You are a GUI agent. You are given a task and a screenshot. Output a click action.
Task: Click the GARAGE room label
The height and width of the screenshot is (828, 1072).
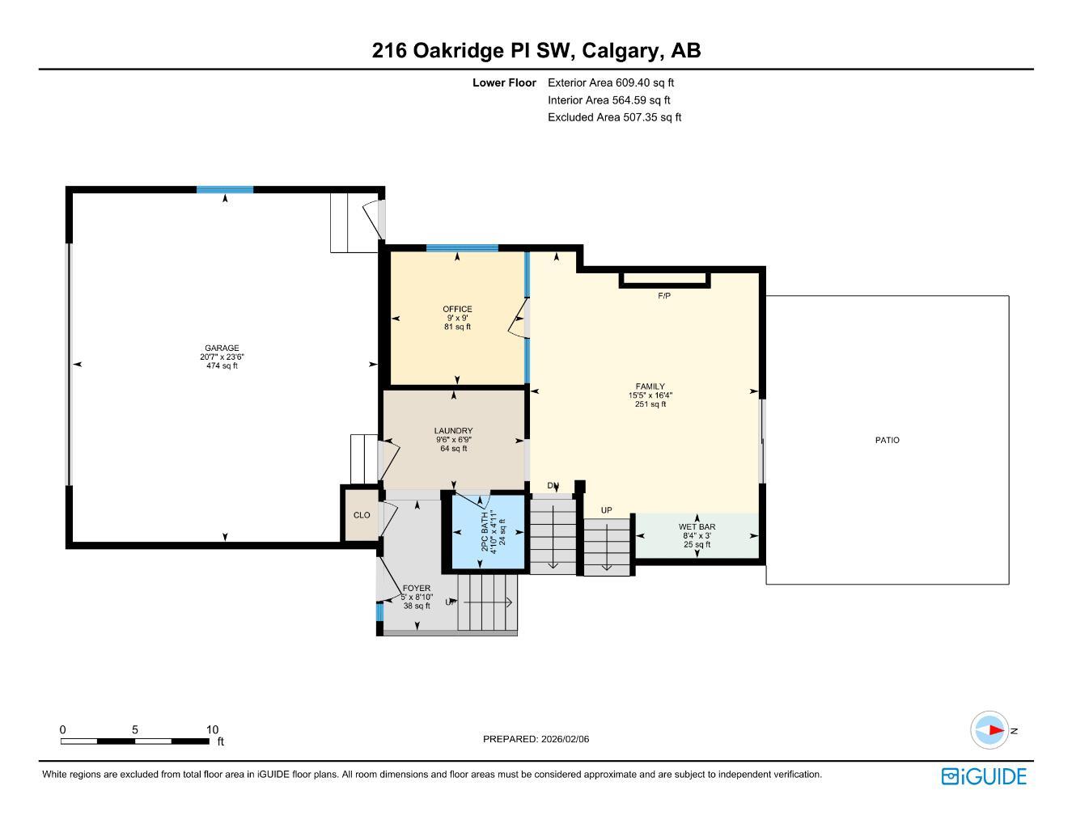click(x=221, y=349)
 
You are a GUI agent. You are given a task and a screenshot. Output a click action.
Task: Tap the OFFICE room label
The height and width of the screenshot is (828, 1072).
click(x=457, y=309)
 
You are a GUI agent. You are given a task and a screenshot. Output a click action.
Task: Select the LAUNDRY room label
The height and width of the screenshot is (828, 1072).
click(x=453, y=431)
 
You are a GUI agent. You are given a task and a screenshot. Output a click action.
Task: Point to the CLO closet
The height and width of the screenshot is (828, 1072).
click(x=362, y=515)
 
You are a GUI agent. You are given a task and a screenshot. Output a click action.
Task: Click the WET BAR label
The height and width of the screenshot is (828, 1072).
click(x=697, y=527)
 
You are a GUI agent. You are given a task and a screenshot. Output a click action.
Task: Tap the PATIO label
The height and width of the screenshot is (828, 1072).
click(x=887, y=441)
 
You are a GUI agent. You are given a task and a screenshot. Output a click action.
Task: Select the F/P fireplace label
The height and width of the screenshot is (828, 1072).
click(x=663, y=296)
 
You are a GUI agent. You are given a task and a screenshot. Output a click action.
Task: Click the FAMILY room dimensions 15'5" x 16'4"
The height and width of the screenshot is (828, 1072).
click(x=650, y=395)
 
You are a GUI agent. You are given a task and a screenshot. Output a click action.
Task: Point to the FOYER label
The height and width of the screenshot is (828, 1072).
click(x=417, y=588)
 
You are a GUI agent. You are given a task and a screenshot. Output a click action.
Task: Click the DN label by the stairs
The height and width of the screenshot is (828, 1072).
click(x=553, y=486)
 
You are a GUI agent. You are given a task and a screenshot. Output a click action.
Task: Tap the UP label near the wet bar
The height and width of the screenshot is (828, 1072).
click(x=606, y=510)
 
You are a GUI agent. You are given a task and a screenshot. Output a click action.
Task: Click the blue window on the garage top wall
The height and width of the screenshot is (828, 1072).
click(x=225, y=190)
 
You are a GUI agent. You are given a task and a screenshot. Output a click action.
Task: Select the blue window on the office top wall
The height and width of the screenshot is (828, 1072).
click(x=462, y=248)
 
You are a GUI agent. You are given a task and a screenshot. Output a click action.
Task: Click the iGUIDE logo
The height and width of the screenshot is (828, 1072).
click(x=984, y=776)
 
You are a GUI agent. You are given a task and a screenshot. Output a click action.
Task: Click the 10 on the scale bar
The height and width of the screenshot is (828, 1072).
click(x=212, y=729)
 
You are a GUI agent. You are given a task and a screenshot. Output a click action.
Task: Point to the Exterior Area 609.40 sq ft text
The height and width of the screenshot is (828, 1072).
click(x=611, y=82)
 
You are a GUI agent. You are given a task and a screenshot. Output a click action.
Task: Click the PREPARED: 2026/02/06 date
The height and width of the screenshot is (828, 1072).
click(x=536, y=739)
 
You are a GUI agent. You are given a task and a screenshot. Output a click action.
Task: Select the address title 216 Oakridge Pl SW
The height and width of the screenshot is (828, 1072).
click(x=472, y=51)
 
